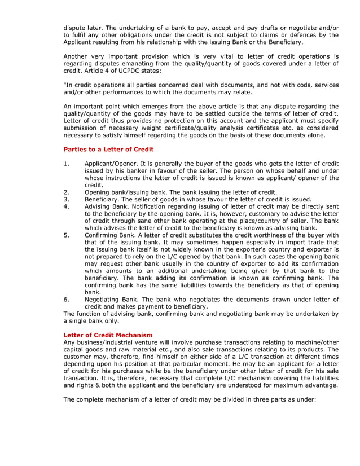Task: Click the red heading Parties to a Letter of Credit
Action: [108, 150]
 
